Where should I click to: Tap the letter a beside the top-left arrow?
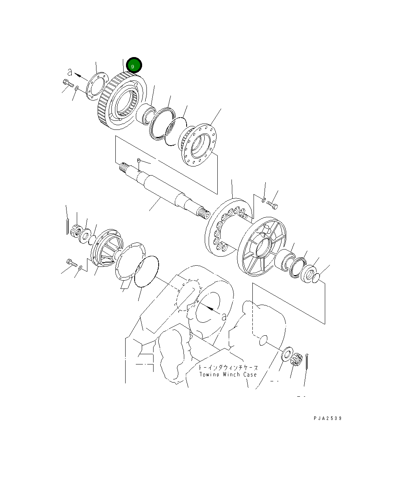coord(70,72)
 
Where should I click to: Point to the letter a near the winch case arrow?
coord(224,316)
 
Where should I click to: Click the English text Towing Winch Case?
coord(228,375)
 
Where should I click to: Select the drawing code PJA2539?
coord(328,418)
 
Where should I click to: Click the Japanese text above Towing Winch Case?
coord(228,367)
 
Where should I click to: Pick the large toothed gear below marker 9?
coord(118,102)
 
